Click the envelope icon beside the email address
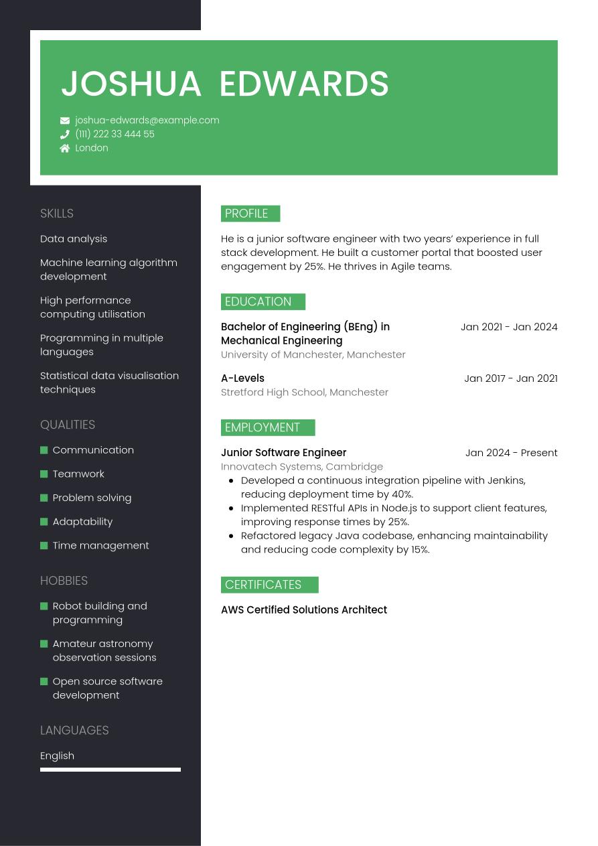65,121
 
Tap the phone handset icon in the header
65,135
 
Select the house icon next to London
65,148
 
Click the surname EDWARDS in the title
304,84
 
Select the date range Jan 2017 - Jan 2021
510,378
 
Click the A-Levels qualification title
242,378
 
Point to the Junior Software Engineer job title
284,453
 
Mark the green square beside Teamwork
44,474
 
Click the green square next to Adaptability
44,522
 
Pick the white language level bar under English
110,770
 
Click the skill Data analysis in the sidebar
74,239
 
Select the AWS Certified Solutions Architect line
304,610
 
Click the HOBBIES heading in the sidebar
64,581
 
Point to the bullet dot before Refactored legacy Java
231,536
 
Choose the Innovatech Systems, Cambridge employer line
302,467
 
